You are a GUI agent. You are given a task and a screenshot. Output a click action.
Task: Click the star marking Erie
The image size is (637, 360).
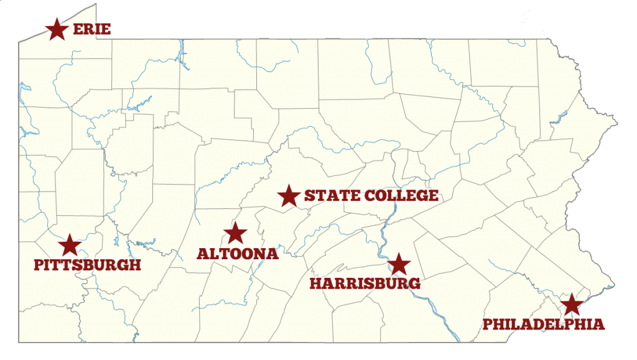(57, 29)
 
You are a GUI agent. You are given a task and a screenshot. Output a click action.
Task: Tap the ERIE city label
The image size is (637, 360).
(91, 29)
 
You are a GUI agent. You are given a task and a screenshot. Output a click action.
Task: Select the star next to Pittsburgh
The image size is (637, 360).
(70, 245)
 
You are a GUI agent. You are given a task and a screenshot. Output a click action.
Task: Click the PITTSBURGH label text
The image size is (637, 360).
(87, 265)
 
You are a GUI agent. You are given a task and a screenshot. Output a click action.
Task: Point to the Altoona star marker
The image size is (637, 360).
(235, 233)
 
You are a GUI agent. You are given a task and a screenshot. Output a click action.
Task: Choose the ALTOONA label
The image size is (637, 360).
(237, 254)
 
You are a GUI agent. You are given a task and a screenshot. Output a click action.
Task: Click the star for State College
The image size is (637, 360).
(289, 196)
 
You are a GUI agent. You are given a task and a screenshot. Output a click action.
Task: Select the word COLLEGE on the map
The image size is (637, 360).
(402, 196)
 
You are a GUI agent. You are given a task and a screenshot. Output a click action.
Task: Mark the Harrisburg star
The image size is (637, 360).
(399, 264)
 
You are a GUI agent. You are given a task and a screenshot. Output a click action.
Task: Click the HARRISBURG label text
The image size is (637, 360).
(365, 284)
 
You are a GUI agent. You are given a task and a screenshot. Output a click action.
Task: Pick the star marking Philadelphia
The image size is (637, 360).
(571, 305)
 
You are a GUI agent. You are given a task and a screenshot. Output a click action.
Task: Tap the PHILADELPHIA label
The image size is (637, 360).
(543, 324)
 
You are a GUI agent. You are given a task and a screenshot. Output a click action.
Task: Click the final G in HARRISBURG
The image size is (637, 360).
(414, 284)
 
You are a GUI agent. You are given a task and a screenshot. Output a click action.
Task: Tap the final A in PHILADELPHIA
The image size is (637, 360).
(598, 324)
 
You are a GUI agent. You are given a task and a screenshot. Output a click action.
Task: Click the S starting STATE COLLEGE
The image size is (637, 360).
(309, 196)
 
